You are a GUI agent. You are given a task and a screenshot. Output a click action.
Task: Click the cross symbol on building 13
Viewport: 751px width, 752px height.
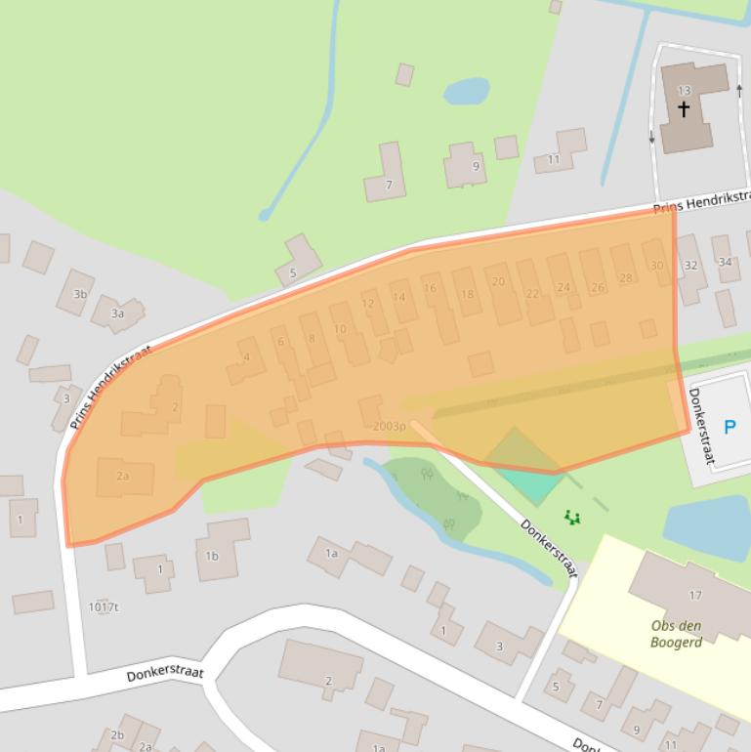pos(684,108)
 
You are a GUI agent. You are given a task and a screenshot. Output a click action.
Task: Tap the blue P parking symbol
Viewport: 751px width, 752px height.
pos(730,427)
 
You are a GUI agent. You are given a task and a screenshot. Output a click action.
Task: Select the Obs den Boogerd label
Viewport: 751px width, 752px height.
pos(676,634)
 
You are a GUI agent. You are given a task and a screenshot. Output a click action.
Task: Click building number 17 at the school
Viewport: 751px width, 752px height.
pos(695,595)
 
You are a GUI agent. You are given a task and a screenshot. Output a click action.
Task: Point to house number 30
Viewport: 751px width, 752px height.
pos(656,265)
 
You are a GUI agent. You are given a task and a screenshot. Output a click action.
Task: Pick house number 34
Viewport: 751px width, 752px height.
pos(725,262)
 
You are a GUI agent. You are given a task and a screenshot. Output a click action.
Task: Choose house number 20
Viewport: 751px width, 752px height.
pos(498,281)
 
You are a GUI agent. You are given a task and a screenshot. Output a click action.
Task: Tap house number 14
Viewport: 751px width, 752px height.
pos(398,297)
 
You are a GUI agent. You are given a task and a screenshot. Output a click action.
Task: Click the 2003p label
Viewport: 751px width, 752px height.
pos(389,426)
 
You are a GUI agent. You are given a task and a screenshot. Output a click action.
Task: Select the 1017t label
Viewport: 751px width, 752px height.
pos(103,606)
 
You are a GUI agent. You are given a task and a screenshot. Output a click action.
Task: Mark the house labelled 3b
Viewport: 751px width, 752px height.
pos(79,293)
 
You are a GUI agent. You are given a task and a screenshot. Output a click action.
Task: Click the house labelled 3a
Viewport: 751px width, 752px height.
pos(117,313)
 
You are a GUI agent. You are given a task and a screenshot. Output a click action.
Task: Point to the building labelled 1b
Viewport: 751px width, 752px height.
pos(212,556)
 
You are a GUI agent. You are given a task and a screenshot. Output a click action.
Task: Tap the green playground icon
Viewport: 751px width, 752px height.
pos(572,517)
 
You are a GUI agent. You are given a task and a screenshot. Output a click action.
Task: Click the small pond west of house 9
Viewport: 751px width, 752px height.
pos(466,92)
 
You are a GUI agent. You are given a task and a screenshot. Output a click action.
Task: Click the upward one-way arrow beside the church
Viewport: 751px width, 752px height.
pos(739,92)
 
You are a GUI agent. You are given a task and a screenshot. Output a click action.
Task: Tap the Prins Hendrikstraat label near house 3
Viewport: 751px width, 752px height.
pos(110,388)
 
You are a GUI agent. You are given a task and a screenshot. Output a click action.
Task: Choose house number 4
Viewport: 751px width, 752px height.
pos(246,357)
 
